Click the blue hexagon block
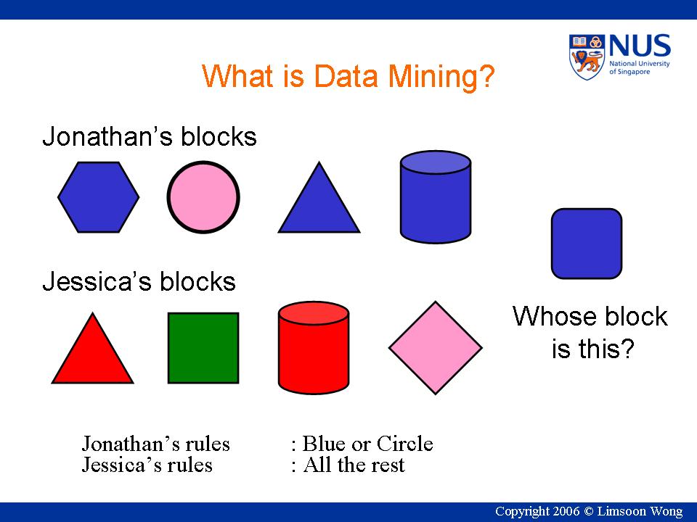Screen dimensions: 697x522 [98, 197]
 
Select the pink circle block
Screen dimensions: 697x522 [203, 197]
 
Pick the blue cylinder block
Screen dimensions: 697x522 [436, 197]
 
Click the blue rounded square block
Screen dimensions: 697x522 [587, 244]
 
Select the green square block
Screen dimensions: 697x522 [203, 348]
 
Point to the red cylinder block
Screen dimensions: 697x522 [314, 348]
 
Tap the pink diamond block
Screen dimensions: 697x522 [436, 348]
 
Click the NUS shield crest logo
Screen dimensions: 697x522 [587, 57]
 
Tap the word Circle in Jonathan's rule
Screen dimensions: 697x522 [404, 444]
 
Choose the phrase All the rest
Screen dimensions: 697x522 [354, 465]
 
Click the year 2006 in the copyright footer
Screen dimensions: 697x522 [567, 511]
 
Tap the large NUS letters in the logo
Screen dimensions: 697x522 [640, 46]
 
